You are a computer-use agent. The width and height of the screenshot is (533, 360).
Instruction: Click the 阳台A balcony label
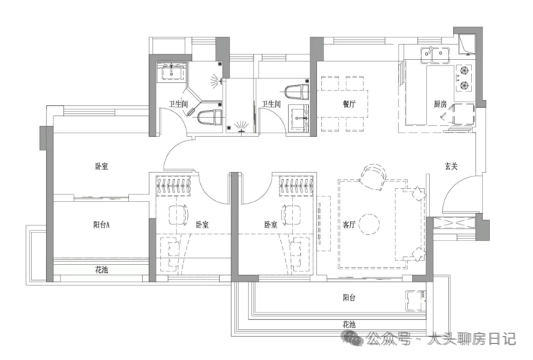click(x=102, y=225)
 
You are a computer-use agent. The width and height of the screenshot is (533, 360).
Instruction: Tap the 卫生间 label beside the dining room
click(x=271, y=104)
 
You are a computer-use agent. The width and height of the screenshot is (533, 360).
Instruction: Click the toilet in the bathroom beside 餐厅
click(x=295, y=92)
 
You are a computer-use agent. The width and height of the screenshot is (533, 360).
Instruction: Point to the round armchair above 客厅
click(x=373, y=175)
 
